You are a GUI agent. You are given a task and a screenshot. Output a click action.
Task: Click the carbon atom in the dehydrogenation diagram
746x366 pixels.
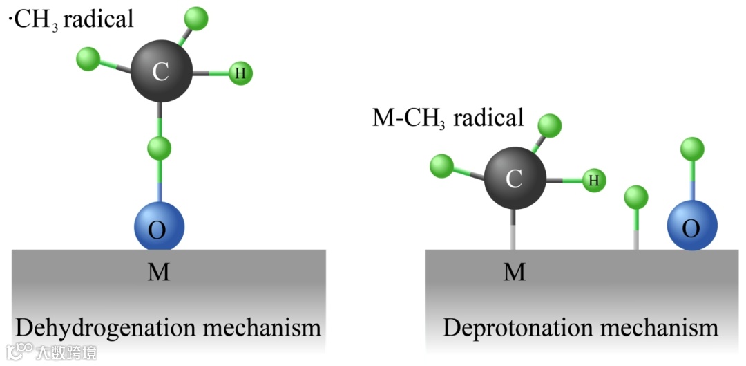[161, 71]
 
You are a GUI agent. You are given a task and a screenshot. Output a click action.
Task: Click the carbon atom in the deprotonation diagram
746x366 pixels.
[513, 179]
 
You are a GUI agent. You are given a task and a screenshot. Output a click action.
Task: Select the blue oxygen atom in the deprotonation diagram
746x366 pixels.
[691, 226]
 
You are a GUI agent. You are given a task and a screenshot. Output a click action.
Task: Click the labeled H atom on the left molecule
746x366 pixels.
[240, 73]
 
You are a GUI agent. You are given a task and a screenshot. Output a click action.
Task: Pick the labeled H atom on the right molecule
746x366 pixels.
[593, 181]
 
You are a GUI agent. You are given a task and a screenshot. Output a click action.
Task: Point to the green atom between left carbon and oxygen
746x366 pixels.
[160, 147]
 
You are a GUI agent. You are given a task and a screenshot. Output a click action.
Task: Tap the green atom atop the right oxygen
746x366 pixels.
[691, 149]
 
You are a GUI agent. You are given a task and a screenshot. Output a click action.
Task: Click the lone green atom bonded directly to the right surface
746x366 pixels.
[636, 198]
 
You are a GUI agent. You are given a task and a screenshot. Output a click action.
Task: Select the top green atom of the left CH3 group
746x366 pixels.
[198, 18]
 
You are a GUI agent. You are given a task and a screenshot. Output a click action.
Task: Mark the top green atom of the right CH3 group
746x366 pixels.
[550, 125]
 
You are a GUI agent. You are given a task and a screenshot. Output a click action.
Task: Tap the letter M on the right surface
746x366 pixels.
[513, 272]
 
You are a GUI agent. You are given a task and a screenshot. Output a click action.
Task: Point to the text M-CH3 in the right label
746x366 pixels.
[408, 118]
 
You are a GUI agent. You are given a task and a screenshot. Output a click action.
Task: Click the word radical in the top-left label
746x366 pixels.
[103, 19]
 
